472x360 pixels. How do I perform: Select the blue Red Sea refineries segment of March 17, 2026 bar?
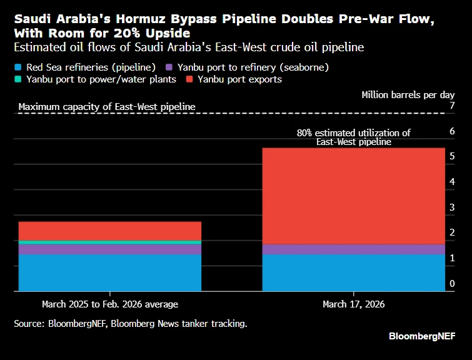pyautogui.click(x=353, y=272)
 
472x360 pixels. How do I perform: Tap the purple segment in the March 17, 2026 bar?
pyautogui.click(x=353, y=249)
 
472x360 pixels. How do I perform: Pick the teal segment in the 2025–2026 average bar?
pyautogui.click(x=110, y=242)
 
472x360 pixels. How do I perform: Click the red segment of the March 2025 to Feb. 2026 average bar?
pyautogui.click(x=110, y=231)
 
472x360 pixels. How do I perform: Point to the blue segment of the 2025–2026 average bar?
pyautogui.click(x=110, y=272)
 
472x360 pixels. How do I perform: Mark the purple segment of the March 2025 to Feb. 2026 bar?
pyautogui.click(x=110, y=249)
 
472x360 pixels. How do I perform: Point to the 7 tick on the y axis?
pyautogui.click(x=452, y=106)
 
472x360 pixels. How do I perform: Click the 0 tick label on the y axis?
pyautogui.click(x=452, y=284)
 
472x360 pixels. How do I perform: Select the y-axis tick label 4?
pyautogui.click(x=452, y=182)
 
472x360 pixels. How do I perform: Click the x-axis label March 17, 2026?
pyautogui.click(x=353, y=304)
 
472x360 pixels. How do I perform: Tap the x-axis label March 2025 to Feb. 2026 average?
pyautogui.click(x=110, y=304)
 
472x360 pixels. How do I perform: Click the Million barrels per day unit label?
pyautogui.click(x=408, y=95)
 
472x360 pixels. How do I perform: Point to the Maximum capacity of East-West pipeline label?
pyautogui.click(x=107, y=107)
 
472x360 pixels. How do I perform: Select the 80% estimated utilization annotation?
pyautogui.click(x=353, y=137)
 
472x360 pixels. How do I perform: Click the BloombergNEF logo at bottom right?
pyautogui.click(x=422, y=336)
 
